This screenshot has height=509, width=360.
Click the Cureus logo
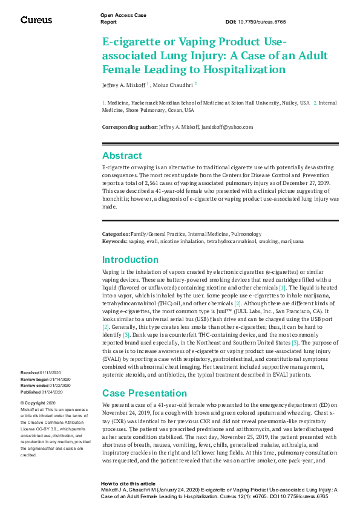[36, 20]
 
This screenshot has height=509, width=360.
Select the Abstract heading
[122, 156]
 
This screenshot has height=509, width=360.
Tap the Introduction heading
[130, 260]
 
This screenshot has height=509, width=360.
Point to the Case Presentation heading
[140, 393]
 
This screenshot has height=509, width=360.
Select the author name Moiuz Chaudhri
[172, 85]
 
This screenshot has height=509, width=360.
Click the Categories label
[116, 234]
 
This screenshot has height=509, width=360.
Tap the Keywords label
[114, 241]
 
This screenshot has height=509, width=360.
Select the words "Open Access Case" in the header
[123, 15]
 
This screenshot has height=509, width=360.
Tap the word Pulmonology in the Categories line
[244, 234]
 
